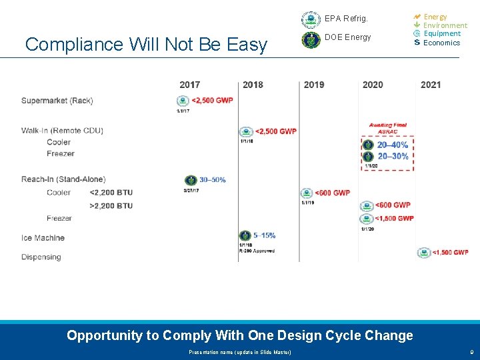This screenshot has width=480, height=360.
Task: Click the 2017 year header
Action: pos(189,85)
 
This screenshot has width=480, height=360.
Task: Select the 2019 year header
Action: pos(314,85)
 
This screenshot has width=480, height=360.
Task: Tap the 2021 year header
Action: pos(431,85)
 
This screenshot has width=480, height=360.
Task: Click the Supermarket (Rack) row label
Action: pos(57,101)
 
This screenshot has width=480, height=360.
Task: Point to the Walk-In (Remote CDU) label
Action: pos(62,131)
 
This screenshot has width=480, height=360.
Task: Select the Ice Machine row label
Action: pos(43,238)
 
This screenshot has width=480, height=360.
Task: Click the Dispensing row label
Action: pos(41,257)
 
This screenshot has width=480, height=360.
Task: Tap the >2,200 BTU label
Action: pos(111,206)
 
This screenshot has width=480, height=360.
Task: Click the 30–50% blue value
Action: pos(213,180)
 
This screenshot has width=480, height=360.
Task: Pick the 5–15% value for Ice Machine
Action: pos(264,235)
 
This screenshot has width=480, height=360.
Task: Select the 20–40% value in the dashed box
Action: pos(393,145)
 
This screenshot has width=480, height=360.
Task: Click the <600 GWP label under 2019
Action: pos(332,193)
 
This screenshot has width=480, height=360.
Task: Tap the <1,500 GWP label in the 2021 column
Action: pos(451,253)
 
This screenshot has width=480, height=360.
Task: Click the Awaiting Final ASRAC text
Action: pos(388,129)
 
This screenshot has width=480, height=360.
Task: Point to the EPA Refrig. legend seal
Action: pos(311,19)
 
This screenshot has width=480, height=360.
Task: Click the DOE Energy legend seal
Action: pos(311,40)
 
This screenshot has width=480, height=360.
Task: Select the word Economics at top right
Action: pos(441,43)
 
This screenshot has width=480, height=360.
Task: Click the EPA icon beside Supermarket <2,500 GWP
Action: pos(183,101)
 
